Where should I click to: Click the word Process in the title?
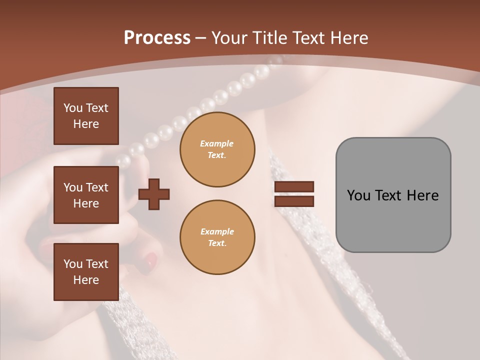coord(157,38)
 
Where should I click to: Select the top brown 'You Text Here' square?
coord(86,116)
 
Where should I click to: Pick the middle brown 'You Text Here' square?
coord(86,195)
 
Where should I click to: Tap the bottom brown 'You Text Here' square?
coord(86,272)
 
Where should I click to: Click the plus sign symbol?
coord(154,193)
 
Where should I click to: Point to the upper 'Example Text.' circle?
coord(217,149)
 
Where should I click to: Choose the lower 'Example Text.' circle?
coord(217,237)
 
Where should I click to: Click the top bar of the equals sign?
coord(294,186)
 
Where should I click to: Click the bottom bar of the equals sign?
coord(294,201)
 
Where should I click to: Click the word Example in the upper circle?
coord(216,143)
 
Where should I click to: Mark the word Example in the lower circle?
coord(217,231)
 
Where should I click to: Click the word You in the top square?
coord(73,108)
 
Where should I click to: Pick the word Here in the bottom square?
coord(86,280)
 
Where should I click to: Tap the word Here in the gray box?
coord(422,195)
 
